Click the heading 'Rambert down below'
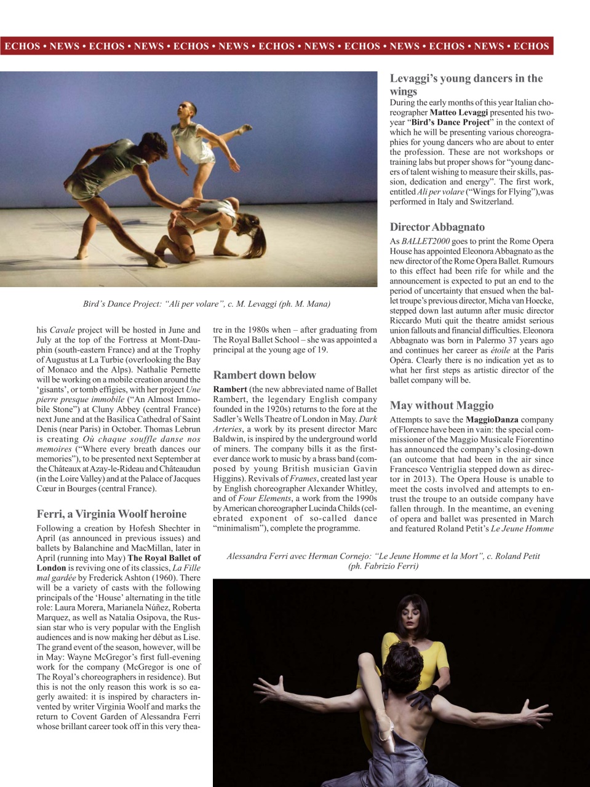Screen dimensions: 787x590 point(264,375)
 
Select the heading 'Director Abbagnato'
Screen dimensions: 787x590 point(437,227)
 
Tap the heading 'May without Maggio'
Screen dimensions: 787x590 point(441,405)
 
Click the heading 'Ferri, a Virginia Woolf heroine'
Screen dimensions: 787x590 point(111,513)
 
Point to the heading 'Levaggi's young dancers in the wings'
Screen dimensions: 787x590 point(466,84)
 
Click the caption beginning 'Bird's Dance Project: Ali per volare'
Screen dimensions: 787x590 point(207,304)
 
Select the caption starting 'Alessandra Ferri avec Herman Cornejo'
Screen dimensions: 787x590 point(383,560)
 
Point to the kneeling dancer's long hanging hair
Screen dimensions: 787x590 point(262,234)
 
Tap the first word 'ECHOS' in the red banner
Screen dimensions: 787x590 point(22,46)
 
